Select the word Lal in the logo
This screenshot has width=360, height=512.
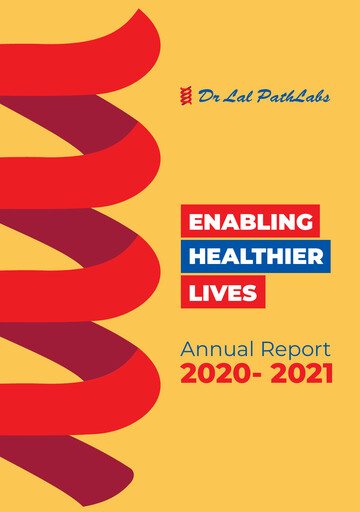[x=234, y=96]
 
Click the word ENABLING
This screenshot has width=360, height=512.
[x=250, y=221]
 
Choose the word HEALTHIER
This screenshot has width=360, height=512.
[x=256, y=256]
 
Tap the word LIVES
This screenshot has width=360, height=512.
[x=224, y=292]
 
